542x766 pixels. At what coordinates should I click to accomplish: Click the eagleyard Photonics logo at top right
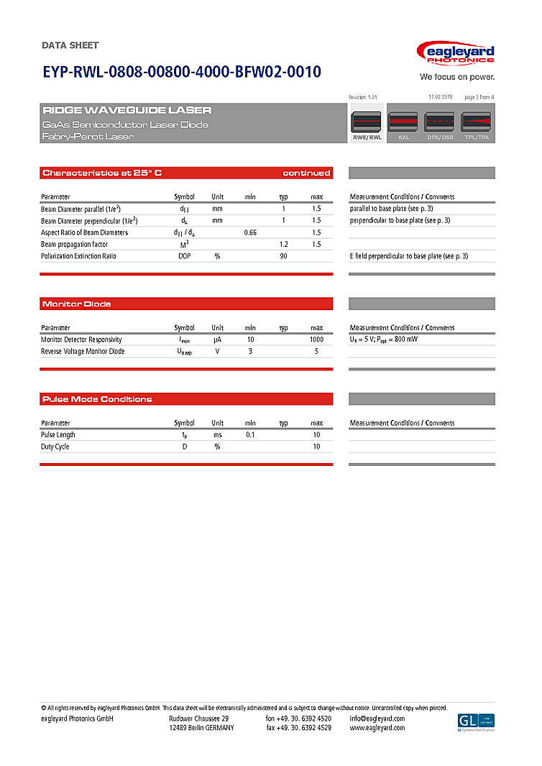click(x=456, y=55)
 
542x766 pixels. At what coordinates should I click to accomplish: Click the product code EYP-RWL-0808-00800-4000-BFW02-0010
click(x=182, y=72)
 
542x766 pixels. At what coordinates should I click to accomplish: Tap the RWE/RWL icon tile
click(x=367, y=125)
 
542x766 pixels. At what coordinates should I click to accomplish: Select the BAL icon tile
click(x=404, y=125)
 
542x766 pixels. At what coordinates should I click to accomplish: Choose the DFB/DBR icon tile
click(x=440, y=125)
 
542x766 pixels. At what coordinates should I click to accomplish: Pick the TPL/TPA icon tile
click(x=477, y=125)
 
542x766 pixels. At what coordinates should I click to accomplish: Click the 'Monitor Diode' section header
click(x=77, y=304)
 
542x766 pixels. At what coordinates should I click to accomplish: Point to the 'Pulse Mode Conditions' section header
click(x=97, y=399)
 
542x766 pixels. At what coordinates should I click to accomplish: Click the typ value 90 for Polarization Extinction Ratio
click(x=284, y=256)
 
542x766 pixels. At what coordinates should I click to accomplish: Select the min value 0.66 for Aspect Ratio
click(x=250, y=233)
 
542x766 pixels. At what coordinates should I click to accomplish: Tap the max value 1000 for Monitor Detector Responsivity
click(x=316, y=340)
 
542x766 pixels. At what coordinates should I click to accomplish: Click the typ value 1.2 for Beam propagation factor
click(x=284, y=245)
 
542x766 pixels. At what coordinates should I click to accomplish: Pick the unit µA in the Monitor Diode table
click(x=217, y=340)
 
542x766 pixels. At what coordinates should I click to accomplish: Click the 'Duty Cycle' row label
click(x=55, y=447)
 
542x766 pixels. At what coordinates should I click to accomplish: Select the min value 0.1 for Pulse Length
click(x=250, y=435)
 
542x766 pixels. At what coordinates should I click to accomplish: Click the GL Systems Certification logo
click(x=476, y=722)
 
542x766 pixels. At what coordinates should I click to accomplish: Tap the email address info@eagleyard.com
click(x=377, y=719)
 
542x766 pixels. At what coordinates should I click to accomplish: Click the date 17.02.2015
click(x=440, y=96)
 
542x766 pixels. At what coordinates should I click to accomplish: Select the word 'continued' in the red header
click(x=306, y=173)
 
